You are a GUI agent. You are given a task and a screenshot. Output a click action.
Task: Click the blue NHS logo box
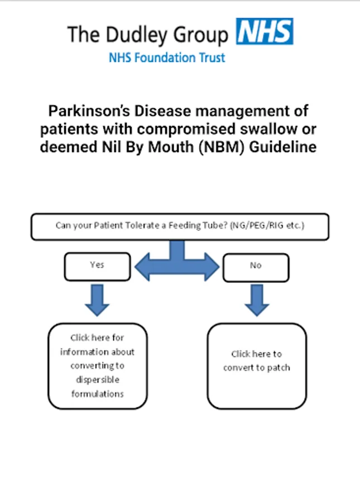point(265,31)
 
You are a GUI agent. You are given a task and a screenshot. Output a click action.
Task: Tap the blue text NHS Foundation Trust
point(167,57)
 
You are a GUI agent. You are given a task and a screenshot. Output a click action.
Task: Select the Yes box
point(97,266)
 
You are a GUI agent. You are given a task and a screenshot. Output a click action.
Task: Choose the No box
point(256,267)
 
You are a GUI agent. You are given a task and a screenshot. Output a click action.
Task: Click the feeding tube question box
point(179,226)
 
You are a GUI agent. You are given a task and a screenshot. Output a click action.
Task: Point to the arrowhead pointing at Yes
point(141,266)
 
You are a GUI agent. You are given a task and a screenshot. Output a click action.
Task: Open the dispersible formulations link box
point(98,366)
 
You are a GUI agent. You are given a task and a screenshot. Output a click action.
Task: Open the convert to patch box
point(257,366)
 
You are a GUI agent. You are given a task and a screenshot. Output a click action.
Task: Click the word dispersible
point(98,380)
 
